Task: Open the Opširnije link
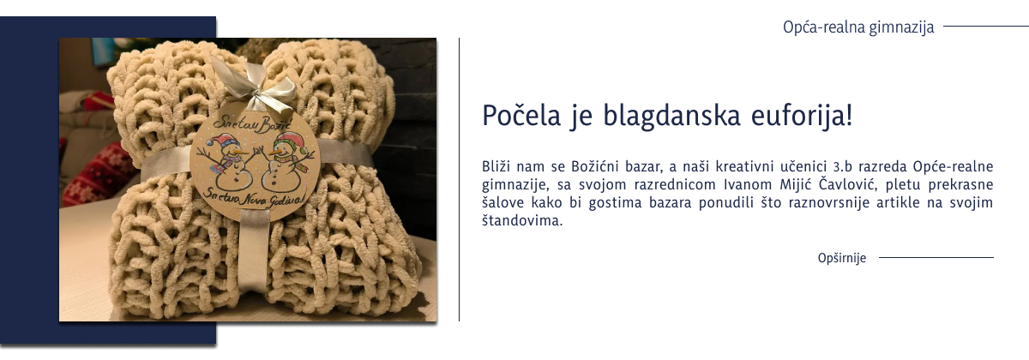tap(842, 258)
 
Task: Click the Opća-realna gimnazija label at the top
tap(858, 27)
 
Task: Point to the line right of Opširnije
tap(936, 257)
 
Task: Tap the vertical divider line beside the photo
tap(460, 180)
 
